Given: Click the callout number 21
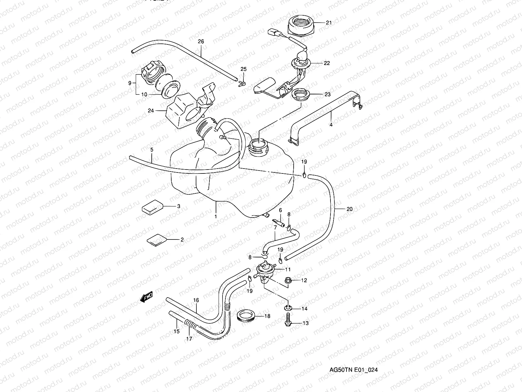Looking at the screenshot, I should coord(329,23).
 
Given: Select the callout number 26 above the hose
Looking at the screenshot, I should coord(201,41).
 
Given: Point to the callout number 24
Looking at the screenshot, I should coord(151,111).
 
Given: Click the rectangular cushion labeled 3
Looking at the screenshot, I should coord(152,207).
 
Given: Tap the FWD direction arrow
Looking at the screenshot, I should coord(146,297).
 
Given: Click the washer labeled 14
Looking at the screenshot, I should coord(287,307).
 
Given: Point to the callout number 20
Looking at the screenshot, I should coord(349,209).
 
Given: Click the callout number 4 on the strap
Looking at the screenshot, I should coord(331,125).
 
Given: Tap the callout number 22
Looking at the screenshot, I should coord(327,63).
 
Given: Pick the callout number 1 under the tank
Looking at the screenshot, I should coord(216,217).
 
